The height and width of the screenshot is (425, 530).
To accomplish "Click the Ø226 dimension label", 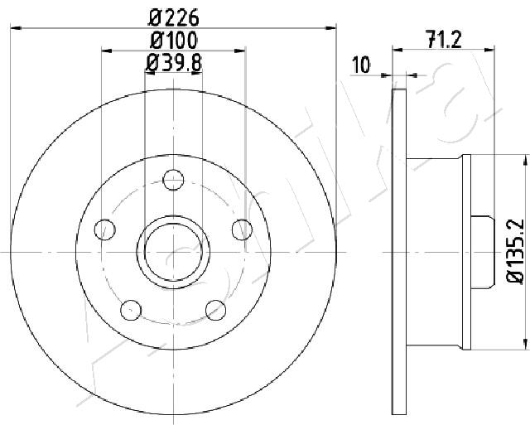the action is [173, 17].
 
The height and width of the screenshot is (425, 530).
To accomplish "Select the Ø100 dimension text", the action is [173, 41].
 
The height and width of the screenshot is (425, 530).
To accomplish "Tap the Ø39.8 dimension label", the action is [174, 63].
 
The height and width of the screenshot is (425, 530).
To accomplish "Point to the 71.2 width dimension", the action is [444, 39].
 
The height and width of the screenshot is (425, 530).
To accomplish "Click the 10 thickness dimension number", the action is [361, 65].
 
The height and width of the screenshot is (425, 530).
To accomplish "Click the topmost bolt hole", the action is [173, 180].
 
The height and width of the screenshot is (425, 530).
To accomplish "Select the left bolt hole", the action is [105, 229].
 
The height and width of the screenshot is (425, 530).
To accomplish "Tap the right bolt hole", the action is [242, 229].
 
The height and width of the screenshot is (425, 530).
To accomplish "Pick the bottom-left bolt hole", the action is [131, 310].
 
